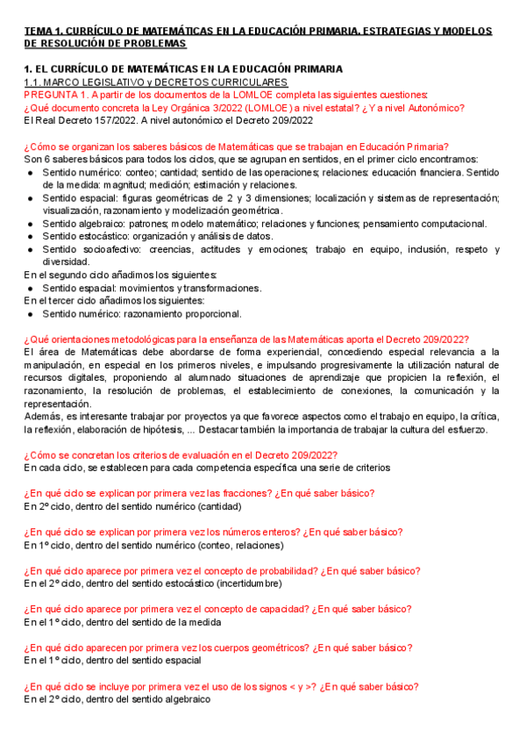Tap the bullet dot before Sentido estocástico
[x=32, y=237]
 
